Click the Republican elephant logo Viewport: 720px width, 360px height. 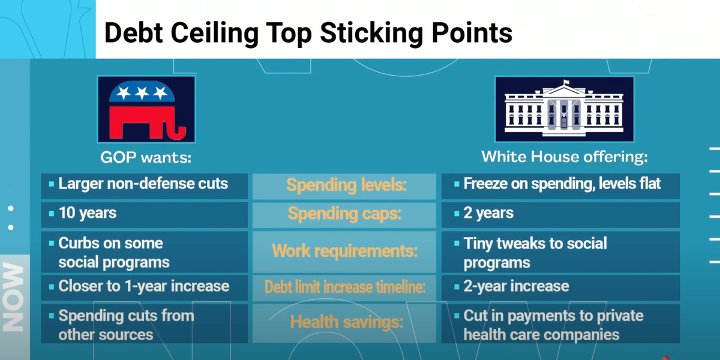point(146,109)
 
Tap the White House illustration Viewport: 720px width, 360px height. point(564,109)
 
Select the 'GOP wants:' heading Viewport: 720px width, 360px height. point(146,157)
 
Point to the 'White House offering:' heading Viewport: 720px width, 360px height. point(565,157)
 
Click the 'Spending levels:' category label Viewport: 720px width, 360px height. point(347,185)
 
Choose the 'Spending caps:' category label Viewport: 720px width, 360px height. point(344,214)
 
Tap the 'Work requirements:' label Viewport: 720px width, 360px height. point(344,251)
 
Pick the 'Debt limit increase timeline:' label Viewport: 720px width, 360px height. point(344,287)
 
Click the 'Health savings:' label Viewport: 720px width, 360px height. point(347,322)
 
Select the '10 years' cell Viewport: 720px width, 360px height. point(145,215)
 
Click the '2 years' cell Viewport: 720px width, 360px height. point(560,215)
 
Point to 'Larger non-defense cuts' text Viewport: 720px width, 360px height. point(143,184)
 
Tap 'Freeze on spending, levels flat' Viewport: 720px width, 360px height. point(562,184)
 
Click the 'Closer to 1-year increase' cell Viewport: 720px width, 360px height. point(145,287)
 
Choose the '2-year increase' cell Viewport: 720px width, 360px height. point(560,287)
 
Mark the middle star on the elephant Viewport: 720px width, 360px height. point(142,93)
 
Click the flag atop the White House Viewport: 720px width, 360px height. point(566,83)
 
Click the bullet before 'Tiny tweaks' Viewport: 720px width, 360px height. point(457,244)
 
